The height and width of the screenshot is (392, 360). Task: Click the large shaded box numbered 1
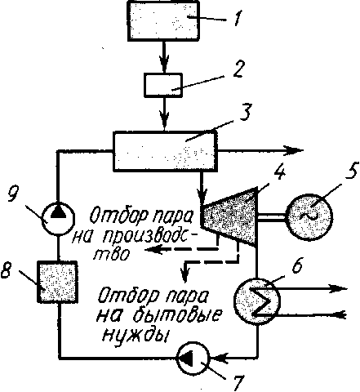pyautogui.click(x=164, y=20)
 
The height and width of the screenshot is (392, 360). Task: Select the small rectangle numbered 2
pyautogui.click(x=163, y=85)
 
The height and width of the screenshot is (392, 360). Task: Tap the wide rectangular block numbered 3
pyautogui.click(x=165, y=151)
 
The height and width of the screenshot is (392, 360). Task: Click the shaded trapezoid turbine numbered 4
pyautogui.click(x=229, y=216)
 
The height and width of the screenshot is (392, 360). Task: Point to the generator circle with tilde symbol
pyautogui.click(x=310, y=216)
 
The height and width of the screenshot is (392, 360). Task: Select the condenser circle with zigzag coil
pyautogui.click(x=257, y=301)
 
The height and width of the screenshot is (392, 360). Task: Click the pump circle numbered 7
pyautogui.click(x=193, y=357)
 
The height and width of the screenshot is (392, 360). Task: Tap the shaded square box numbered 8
pyautogui.click(x=57, y=282)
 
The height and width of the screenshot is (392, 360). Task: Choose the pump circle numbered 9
pyautogui.click(x=58, y=218)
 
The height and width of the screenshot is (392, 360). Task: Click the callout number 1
pyautogui.click(x=238, y=19)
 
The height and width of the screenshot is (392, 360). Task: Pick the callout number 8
pyautogui.click(x=7, y=270)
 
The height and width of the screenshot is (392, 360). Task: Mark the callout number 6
pyautogui.click(x=296, y=265)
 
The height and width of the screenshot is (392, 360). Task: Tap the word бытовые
pyautogui.click(x=176, y=315)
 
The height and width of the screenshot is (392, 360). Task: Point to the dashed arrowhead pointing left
pyautogui.click(x=153, y=249)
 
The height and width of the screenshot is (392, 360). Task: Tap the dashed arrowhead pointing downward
pyautogui.click(x=184, y=274)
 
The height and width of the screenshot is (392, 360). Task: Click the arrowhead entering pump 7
pyautogui.click(x=219, y=357)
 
